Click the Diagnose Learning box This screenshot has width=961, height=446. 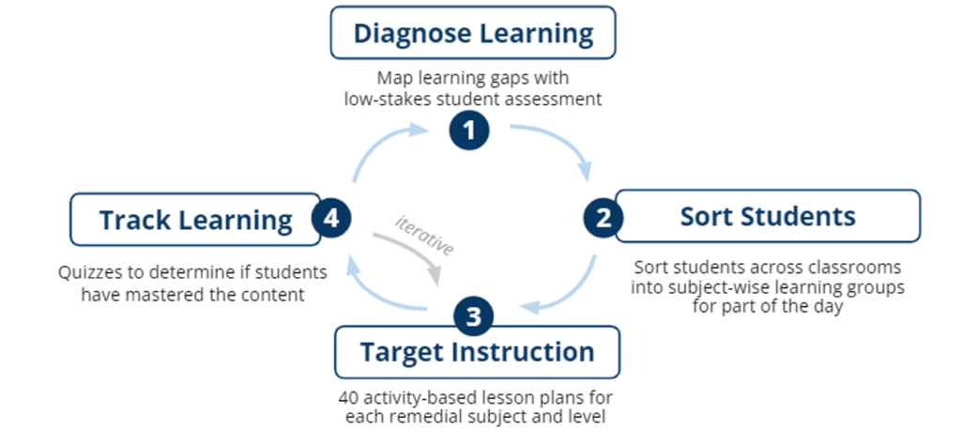tap(473, 33)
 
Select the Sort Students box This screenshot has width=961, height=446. tap(768, 216)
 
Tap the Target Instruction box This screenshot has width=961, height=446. tap(477, 352)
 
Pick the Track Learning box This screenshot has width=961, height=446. tap(195, 220)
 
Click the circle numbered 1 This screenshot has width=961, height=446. tap(469, 131)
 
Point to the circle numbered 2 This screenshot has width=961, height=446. tap(603, 217)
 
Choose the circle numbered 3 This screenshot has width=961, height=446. tap(474, 316)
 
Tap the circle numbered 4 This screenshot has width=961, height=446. tap(331, 219)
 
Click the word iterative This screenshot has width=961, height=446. tap(424, 235)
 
